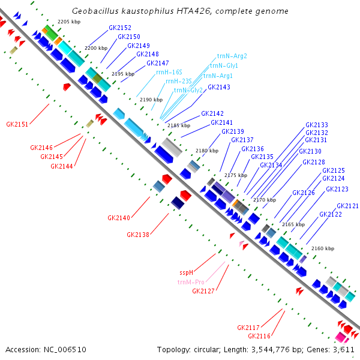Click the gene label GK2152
click(x=119, y=28)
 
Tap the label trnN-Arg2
click(x=232, y=56)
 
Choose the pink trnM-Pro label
click(x=191, y=281)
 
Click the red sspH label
click(x=187, y=272)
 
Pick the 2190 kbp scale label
click(x=151, y=100)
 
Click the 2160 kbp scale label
click(x=322, y=248)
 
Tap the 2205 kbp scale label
click(x=68, y=22)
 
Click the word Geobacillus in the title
click(x=95, y=11)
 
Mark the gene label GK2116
click(x=259, y=336)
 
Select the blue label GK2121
click(x=347, y=206)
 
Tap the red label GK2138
click(x=137, y=235)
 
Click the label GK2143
click(x=218, y=87)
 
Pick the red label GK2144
click(x=62, y=166)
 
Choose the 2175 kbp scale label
click(x=236, y=175)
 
